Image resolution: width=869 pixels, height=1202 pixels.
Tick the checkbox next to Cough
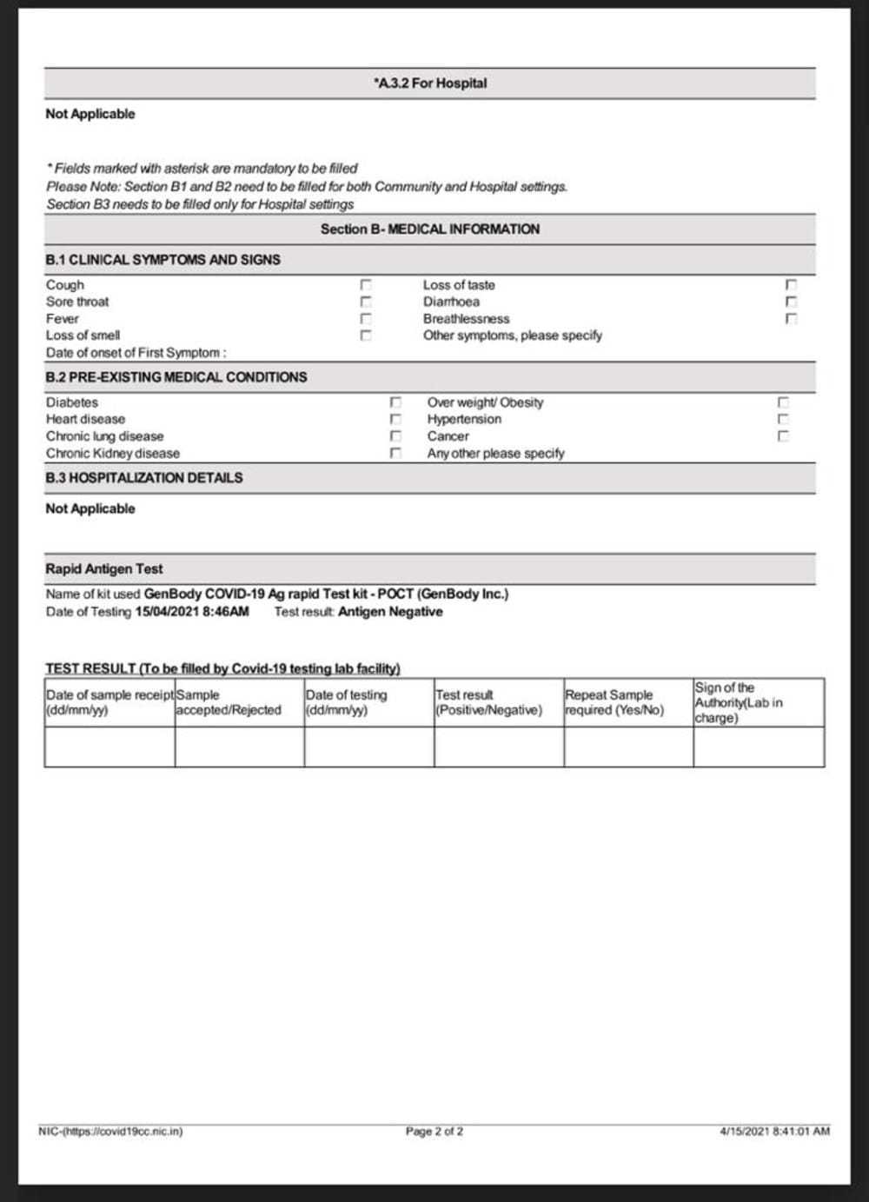pyautogui.click(x=366, y=285)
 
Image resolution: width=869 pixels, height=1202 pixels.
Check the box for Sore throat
pyautogui.click(x=366, y=302)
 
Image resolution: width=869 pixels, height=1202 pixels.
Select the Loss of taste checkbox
pyautogui.click(x=791, y=285)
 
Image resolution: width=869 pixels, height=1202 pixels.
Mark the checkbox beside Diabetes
pyautogui.click(x=395, y=402)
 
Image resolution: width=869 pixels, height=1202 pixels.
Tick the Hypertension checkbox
pyautogui.click(x=783, y=419)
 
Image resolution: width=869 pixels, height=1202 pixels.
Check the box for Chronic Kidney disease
pyautogui.click(x=395, y=453)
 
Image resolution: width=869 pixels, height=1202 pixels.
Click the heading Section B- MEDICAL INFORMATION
pyautogui.click(x=430, y=229)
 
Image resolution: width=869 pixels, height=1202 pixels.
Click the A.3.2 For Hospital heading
pyautogui.click(x=430, y=83)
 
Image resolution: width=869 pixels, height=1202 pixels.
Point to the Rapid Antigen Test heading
pyautogui.click(x=104, y=568)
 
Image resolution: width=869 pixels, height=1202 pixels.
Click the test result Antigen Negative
pyautogui.click(x=390, y=612)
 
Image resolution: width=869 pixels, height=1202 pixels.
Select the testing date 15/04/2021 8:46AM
pyautogui.click(x=192, y=612)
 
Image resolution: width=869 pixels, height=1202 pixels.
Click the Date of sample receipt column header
pyautogui.click(x=109, y=702)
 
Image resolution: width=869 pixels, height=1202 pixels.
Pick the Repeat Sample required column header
pyautogui.click(x=614, y=702)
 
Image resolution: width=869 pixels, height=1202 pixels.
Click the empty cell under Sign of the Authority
pyautogui.click(x=759, y=747)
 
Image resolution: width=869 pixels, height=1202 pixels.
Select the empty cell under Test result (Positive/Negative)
pyautogui.click(x=499, y=747)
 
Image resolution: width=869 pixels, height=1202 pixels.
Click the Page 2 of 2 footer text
pyautogui.click(x=434, y=1131)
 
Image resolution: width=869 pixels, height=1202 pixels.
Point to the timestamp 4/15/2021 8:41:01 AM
pyautogui.click(x=774, y=1131)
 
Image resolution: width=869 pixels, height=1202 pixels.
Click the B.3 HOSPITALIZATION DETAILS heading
pyautogui.click(x=144, y=478)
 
